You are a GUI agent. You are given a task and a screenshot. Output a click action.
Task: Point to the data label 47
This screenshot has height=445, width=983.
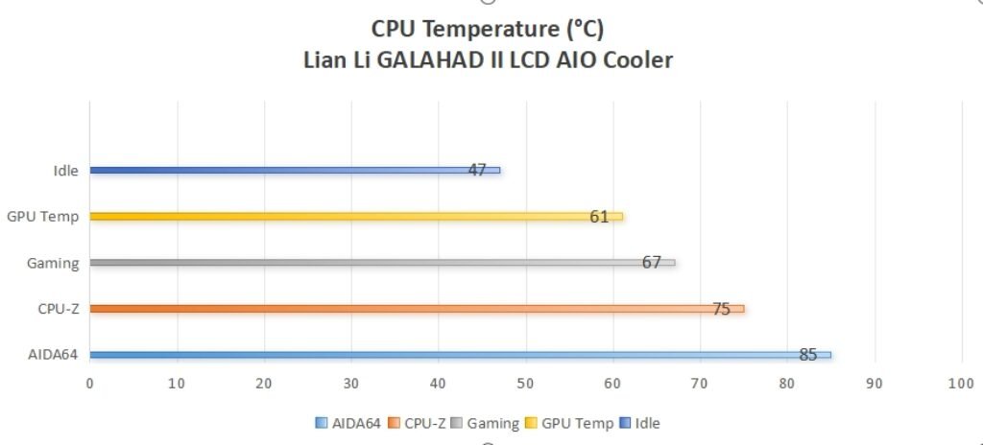477,170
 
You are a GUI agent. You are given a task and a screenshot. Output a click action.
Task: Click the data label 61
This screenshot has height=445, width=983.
599,217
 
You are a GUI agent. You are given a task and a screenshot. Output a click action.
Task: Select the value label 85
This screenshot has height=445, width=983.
808,355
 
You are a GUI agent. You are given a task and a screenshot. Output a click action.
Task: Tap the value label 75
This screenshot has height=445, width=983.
721,309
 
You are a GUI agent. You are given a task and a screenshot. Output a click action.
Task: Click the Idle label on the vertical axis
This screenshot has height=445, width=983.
66,171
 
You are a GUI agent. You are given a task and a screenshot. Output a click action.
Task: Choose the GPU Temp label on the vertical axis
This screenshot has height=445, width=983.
42,217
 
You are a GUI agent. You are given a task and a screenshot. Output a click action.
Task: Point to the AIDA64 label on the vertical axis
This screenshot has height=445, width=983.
54,355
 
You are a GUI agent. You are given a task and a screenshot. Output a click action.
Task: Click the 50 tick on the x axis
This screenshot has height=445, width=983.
526,384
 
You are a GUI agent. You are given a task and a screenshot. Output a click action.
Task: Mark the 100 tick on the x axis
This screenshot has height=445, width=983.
961,384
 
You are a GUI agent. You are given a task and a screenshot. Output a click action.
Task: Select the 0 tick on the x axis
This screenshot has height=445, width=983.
90,384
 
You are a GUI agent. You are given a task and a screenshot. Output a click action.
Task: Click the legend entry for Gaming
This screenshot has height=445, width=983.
491,423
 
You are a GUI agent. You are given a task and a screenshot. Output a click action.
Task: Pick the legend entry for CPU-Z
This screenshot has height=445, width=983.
421,423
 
